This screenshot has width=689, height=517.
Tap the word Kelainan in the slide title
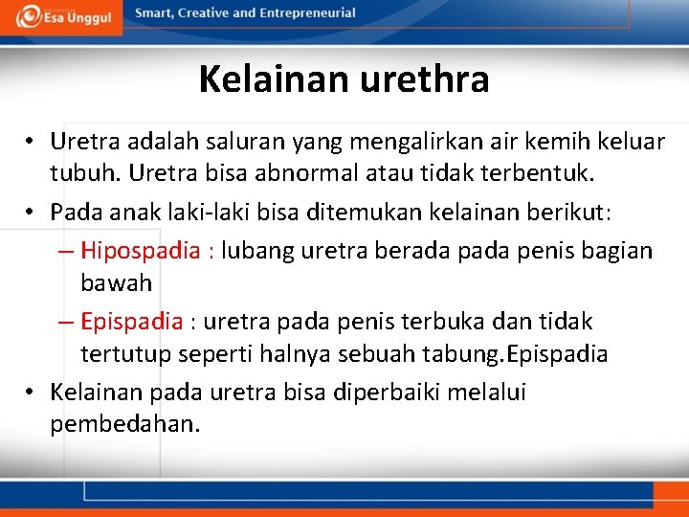click(275, 79)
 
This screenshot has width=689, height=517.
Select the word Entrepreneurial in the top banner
click(305, 13)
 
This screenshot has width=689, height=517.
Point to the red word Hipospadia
click(141, 251)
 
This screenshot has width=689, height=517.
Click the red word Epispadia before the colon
click(131, 321)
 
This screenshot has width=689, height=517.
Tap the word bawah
click(116, 284)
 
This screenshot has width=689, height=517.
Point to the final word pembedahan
click(125, 424)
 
